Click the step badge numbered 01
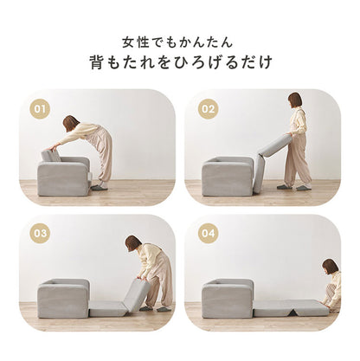pos(39,110)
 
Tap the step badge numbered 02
pos(208,110)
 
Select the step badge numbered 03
pos(39,234)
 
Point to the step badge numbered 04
pos(208,234)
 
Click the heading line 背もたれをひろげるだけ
pos(180,63)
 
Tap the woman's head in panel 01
pos(70,124)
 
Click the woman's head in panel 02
pos(295,100)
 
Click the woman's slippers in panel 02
pos(292,185)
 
